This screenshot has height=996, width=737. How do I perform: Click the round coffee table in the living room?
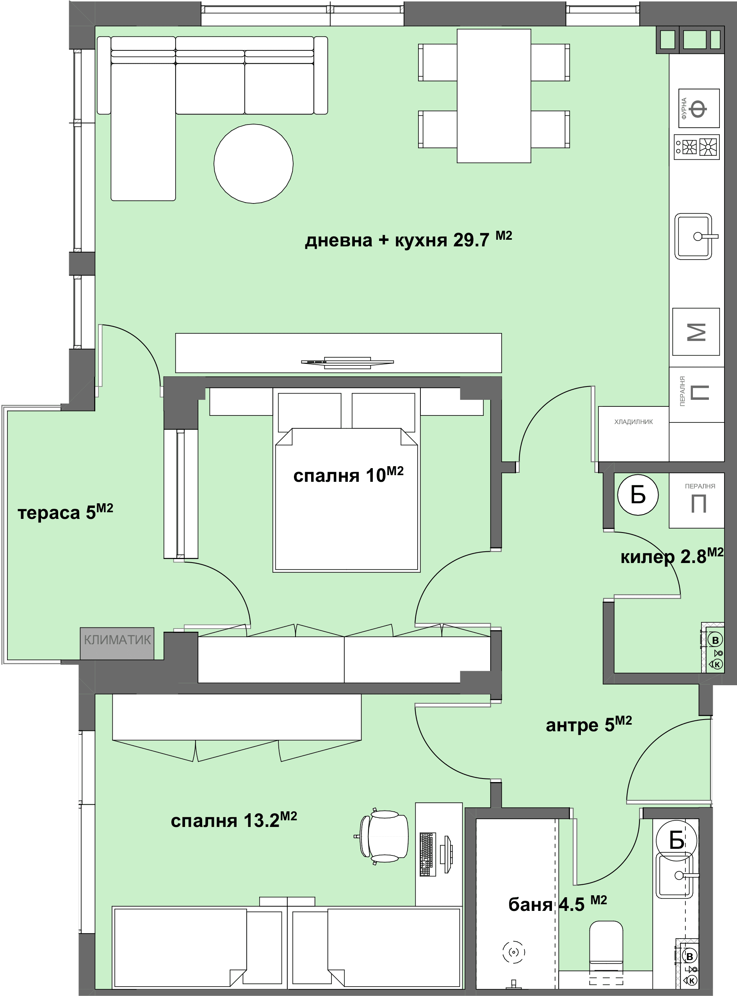[x=253, y=164]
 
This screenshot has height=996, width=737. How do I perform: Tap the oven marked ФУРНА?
[x=699, y=109]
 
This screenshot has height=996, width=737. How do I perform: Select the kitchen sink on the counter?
[x=694, y=237]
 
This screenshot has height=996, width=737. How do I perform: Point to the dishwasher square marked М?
[x=696, y=331]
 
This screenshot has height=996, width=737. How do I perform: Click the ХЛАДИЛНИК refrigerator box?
[x=634, y=434]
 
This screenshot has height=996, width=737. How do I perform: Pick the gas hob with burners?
[x=696, y=147]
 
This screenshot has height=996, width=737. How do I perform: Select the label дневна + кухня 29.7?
[x=408, y=239]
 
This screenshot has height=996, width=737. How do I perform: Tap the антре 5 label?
[x=589, y=725]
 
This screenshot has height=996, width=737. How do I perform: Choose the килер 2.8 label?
[x=672, y=556]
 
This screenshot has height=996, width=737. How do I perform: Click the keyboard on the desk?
[x=427, y=854]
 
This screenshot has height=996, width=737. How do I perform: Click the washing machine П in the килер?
[x=696, y=500]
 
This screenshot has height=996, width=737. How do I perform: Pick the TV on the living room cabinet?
[x=347, y=363]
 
